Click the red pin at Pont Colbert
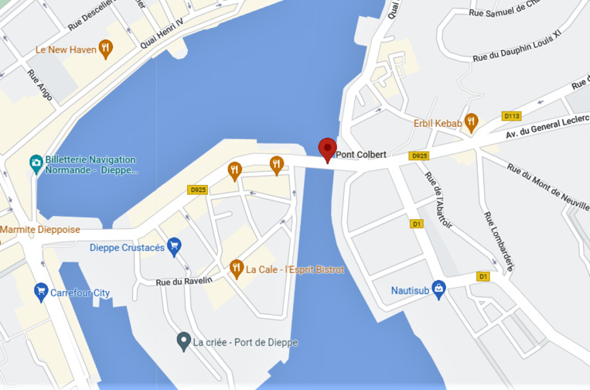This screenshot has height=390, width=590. click(x=328, y=149)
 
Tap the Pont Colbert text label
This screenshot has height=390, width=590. click(x=360, y=155)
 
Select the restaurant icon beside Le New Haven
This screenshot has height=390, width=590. click(x=106, y=50)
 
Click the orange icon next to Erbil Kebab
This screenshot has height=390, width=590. click(x=471, y=122)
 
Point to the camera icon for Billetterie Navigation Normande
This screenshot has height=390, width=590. click(x=36, y=163)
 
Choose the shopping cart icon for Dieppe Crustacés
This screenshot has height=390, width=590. click(x=174, y=247)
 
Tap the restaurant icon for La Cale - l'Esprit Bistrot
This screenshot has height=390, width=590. click(x=237, y=269)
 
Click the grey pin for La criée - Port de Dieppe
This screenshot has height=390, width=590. click(x=183, y=340)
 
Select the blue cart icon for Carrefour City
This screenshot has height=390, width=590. click(x=41, y=292)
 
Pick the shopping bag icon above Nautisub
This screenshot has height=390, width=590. click(x=438, y=289)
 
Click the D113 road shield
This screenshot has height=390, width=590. click(x=512, y=116)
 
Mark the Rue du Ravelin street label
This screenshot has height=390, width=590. click(x=184, y=282)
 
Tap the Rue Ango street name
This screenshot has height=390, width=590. click(x=39, y=85)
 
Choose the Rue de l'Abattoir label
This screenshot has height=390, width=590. click(x=438, y=200)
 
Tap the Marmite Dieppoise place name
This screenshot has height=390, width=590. click(x=39, y=230)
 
